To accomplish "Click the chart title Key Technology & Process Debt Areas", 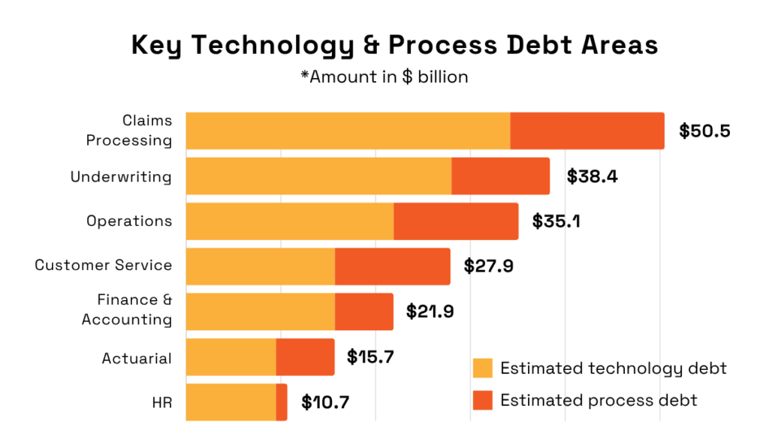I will click(394, 45).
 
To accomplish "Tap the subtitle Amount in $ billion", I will click(383, 77).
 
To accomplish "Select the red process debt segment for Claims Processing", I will click(587, 131).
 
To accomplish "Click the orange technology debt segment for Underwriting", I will click(318, 176).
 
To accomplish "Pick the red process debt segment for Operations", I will click(456, 221).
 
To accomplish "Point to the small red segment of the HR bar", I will click(282, 401).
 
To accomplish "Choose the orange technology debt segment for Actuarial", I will click(231, 356).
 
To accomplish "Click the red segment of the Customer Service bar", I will click(392, 266).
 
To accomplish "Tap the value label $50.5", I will click(704, 131).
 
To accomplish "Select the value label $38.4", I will click(592, 176).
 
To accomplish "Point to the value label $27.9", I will click(488, 266).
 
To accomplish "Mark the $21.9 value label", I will click(430, 311).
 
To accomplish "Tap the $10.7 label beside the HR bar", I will click(325, 401).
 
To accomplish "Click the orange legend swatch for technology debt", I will click(482, 368).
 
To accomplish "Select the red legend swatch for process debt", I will click(482, 400).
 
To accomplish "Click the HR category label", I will click(161, 401).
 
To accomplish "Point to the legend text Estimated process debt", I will click(599, 400).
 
